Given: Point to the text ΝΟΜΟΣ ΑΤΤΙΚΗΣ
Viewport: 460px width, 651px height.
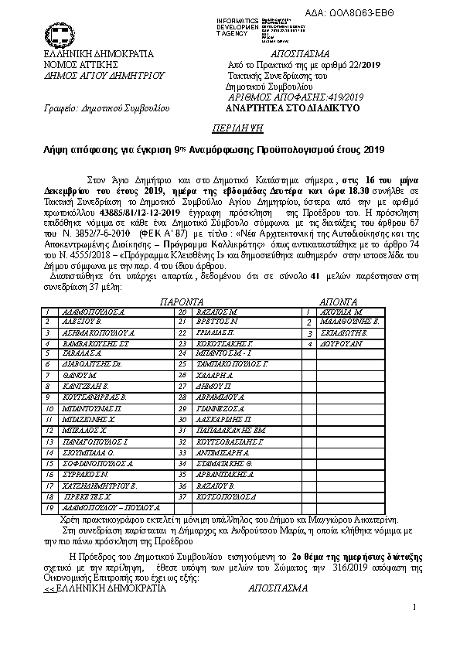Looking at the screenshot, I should point(76,66).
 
